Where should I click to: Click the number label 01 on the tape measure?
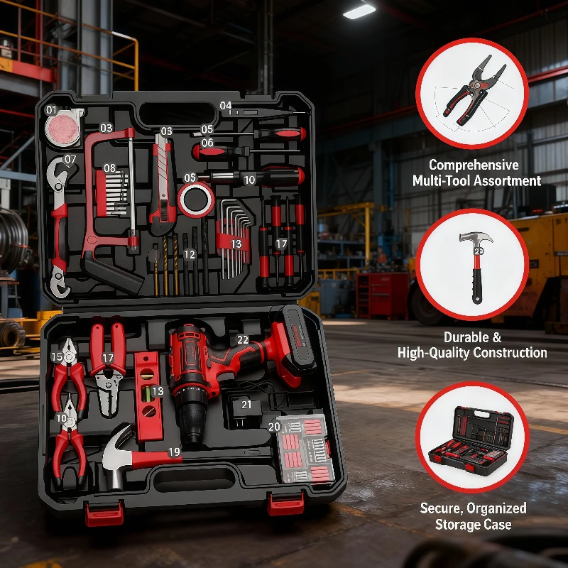pyautogui.click(x=52, y=110)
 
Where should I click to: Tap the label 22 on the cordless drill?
pyautogui.click(x=243, y=340)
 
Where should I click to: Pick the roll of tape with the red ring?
pyautogui.click(x=195, y=200)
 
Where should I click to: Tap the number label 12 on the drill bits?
pyautogui.click(x=189, y=254)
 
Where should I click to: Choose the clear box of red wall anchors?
pyautogui.click(x=304, y=447)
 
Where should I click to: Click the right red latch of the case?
pyautogui.click(x=286, y=504)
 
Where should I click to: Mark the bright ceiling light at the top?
pyautogui.click(x=359, y=11)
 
